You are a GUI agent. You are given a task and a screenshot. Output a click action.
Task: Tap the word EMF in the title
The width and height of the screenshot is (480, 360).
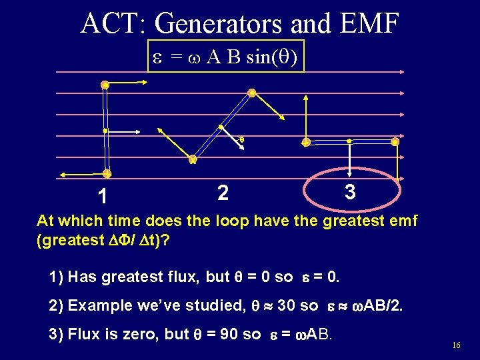click(367, 23)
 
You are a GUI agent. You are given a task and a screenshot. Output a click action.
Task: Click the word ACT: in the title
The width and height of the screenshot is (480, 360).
click(113, 23)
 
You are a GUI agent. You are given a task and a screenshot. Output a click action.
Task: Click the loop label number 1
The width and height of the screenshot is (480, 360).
click(101, 197)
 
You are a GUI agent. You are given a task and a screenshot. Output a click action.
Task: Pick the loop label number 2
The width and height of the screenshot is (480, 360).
click(223, 193)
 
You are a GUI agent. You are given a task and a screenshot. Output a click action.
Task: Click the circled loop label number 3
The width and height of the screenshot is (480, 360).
click(350, 192)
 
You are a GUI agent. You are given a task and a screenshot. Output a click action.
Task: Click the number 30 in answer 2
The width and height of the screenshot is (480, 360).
click(286, 305)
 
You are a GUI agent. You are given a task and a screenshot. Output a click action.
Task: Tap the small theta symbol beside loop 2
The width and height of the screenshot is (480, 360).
click(241, 139)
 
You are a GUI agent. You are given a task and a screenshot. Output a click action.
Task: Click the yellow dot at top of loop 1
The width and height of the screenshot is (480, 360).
click(105, 85)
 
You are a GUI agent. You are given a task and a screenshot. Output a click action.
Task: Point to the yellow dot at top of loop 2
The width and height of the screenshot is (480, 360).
click(252, 93)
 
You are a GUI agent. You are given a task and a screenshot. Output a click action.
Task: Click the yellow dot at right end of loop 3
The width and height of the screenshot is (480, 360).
click(395, 142)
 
